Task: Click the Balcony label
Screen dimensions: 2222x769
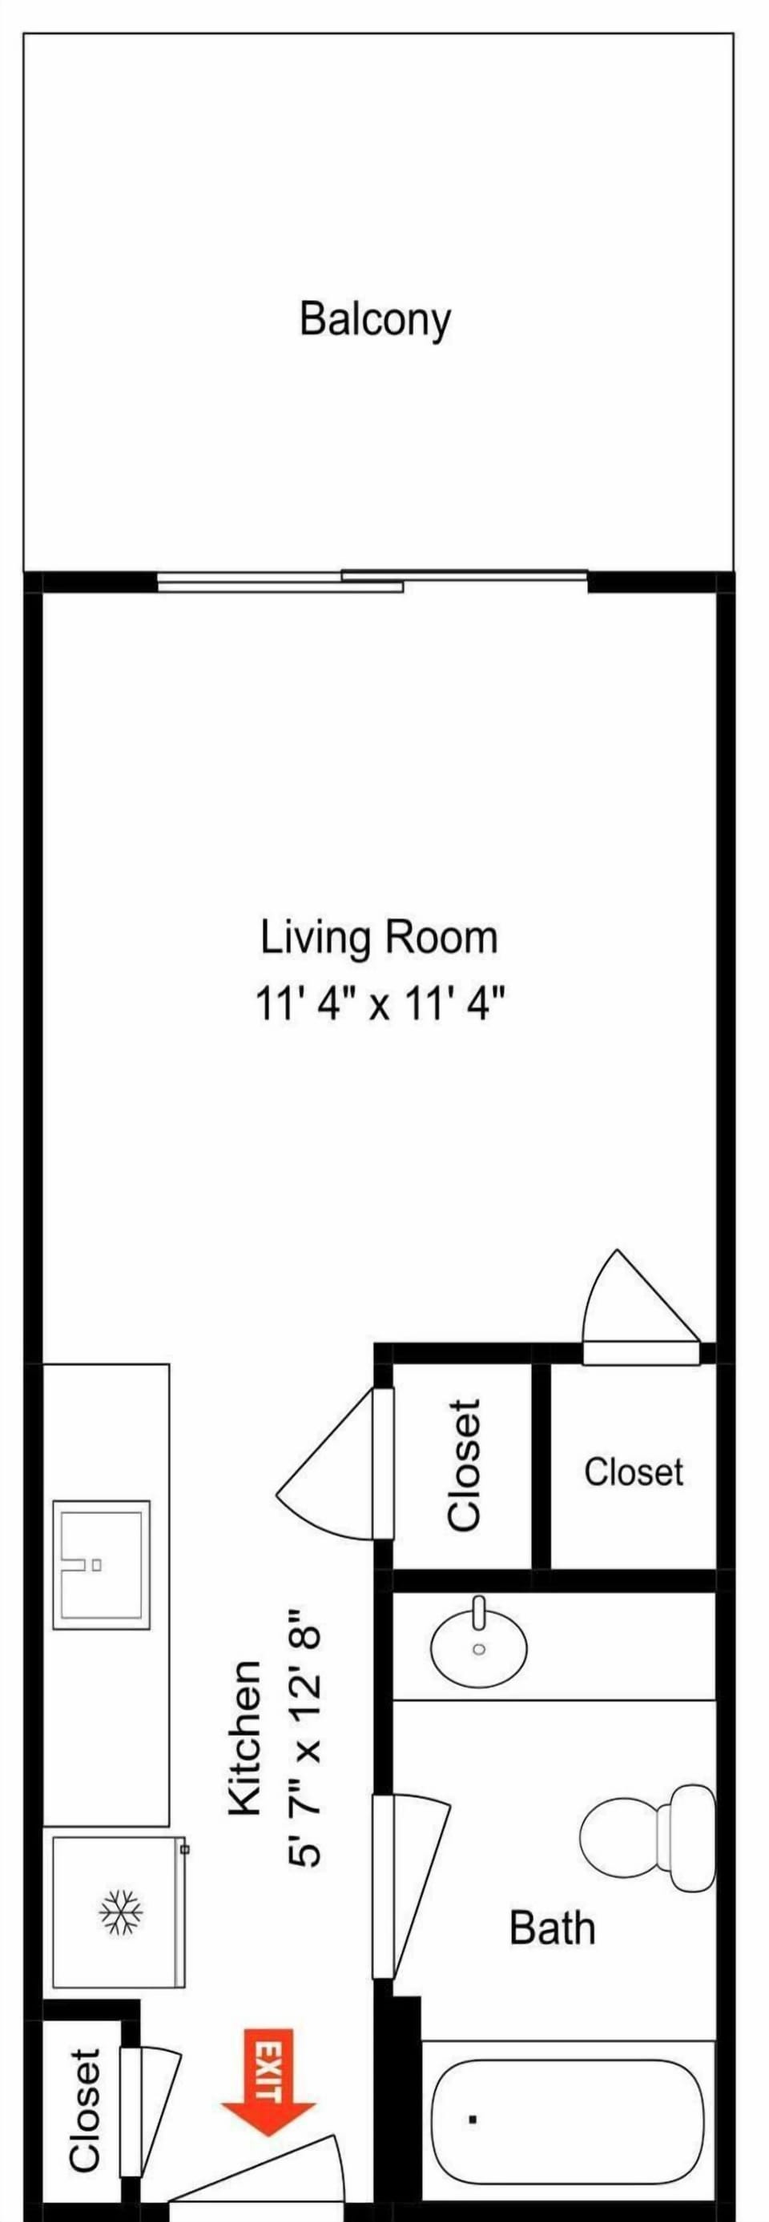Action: click(x=375, y=319)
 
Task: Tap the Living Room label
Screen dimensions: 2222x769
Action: click(x=379, y=938)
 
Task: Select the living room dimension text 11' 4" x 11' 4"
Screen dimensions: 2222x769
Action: click(x=379, y=1004)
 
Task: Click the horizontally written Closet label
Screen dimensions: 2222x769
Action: click(x=633, y=1471)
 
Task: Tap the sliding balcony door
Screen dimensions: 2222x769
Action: click(x=372, y=581)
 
